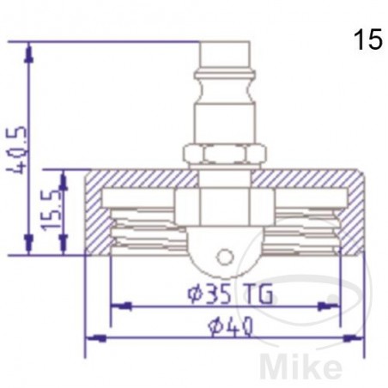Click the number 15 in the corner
(x=367, y=41)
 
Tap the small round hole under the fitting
(x=224, y=256)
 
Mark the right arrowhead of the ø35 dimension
(x=330, y=306)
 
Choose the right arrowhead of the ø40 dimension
(x=355, y=338)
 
